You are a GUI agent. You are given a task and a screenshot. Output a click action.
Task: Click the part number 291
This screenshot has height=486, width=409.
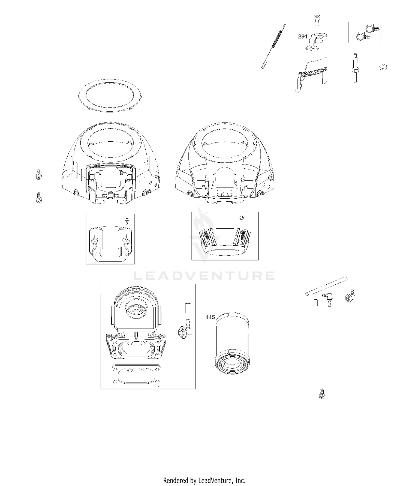pos(303,37)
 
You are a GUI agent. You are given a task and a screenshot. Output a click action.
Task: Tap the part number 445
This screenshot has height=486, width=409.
pos(210,317)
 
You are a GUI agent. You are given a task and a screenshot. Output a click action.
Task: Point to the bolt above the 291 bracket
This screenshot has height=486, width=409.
pos(317,20)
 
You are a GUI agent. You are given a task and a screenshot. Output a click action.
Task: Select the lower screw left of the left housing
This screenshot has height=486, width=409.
pos(39,197)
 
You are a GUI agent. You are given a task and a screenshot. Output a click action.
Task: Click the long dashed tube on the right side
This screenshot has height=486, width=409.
pos(326,286)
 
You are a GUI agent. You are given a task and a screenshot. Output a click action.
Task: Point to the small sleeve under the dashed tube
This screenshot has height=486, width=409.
pos(316,303)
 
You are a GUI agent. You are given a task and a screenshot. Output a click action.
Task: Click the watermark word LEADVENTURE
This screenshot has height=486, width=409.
pos(204,276)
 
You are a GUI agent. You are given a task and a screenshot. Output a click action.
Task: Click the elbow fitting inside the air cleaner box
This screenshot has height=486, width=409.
pos(185,329)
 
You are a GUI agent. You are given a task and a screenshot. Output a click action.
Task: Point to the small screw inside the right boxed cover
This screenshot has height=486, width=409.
pos(240,217)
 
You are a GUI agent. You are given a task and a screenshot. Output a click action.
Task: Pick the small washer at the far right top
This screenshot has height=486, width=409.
pos(383,67)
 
